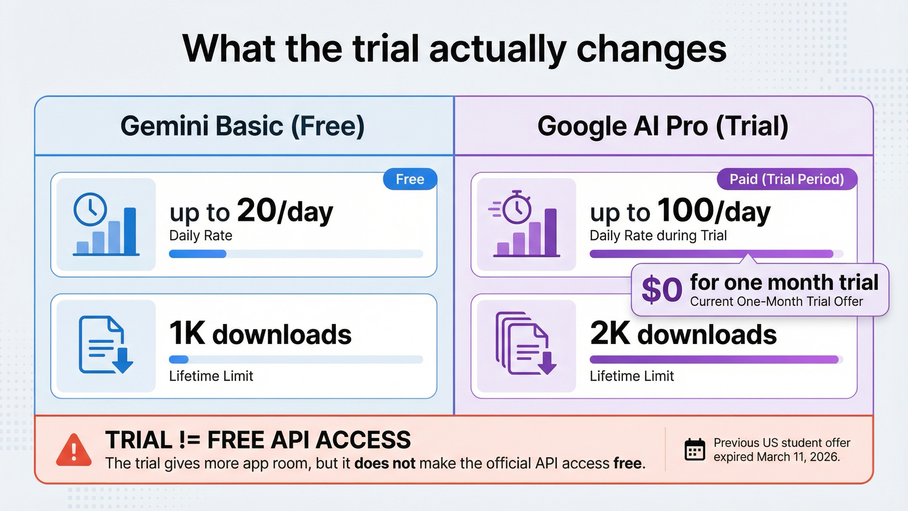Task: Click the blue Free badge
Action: click(x=410, y=179)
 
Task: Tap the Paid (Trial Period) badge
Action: click(x=787, y=179)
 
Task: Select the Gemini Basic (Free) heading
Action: click(x=243, y=126)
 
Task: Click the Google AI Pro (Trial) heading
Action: click(x=663, y=126)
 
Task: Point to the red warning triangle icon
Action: click(x=74, y=450)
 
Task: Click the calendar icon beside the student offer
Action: click(x=695, y=450)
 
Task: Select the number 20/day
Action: click(x=285, y=211)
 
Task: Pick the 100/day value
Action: click(x=714, y=211)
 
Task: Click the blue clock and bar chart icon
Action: click(x=106, y=224)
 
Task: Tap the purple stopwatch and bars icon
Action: click(x=526, y=224)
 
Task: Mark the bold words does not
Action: click(x=384, y=464)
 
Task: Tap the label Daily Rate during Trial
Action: click(x=658, y=235)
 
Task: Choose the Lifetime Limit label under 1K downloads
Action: click(x=211, y=376)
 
